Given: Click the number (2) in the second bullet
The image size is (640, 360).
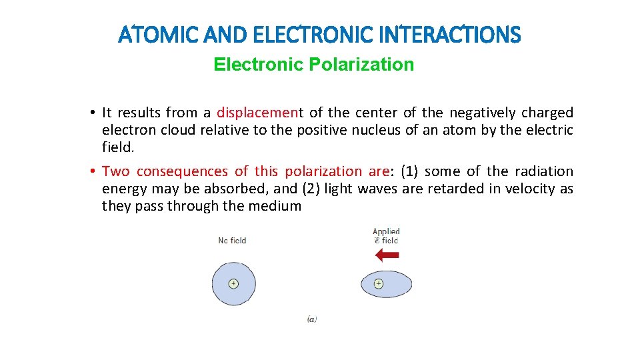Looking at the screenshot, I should coord(312,189).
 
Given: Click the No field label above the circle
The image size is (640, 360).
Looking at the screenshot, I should coord(232,241).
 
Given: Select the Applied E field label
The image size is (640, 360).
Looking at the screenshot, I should coord(386,236).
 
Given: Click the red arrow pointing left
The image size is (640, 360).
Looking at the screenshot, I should coord(387,255).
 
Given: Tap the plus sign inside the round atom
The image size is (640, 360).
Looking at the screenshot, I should coord(233,283).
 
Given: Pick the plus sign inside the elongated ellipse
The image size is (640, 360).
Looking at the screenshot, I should coord(378,283).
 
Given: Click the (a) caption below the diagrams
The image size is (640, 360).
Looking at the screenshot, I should coord(312,319).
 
